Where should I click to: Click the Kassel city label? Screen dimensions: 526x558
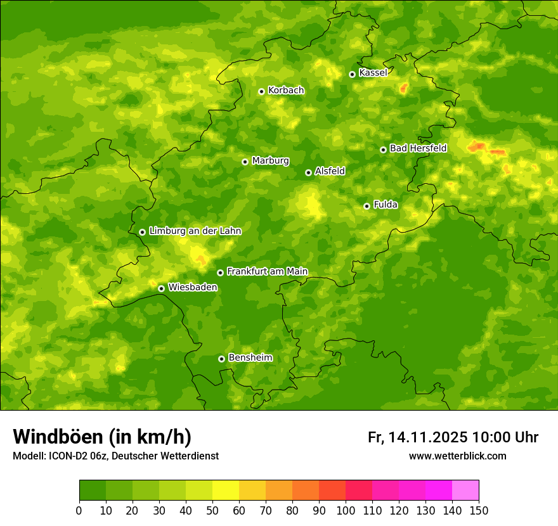(x=373, y=73)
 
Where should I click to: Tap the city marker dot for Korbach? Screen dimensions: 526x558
(x=261, y=91)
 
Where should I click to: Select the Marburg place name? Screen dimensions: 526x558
(x=270, y=161)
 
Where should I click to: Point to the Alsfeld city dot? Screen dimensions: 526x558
(x=308, y=172)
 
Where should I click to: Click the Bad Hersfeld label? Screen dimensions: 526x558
(x=418, y=148)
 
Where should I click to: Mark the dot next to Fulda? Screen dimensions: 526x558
(x=367, y=206)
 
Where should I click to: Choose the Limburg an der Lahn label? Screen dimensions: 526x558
(x=195, y=231)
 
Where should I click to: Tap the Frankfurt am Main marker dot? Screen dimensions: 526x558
(x=220, y=273)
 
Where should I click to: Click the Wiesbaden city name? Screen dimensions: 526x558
(x=192, y=287)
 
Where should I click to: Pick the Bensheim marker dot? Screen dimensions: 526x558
(x=221, y=359)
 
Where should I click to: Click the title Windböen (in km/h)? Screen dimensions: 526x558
(x=102, y=437)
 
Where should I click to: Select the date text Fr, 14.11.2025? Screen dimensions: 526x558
(x=418, y=437)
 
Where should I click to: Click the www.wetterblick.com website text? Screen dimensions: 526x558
(x=457, y=456)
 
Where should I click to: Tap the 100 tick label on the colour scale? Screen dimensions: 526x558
(x=346, y=511)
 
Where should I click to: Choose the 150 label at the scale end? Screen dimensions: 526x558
(x=479, y=511)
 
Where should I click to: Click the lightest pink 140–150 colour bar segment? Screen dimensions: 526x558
(x=465, y=490)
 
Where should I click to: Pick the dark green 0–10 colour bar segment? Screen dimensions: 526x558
(x=93, y=490)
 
